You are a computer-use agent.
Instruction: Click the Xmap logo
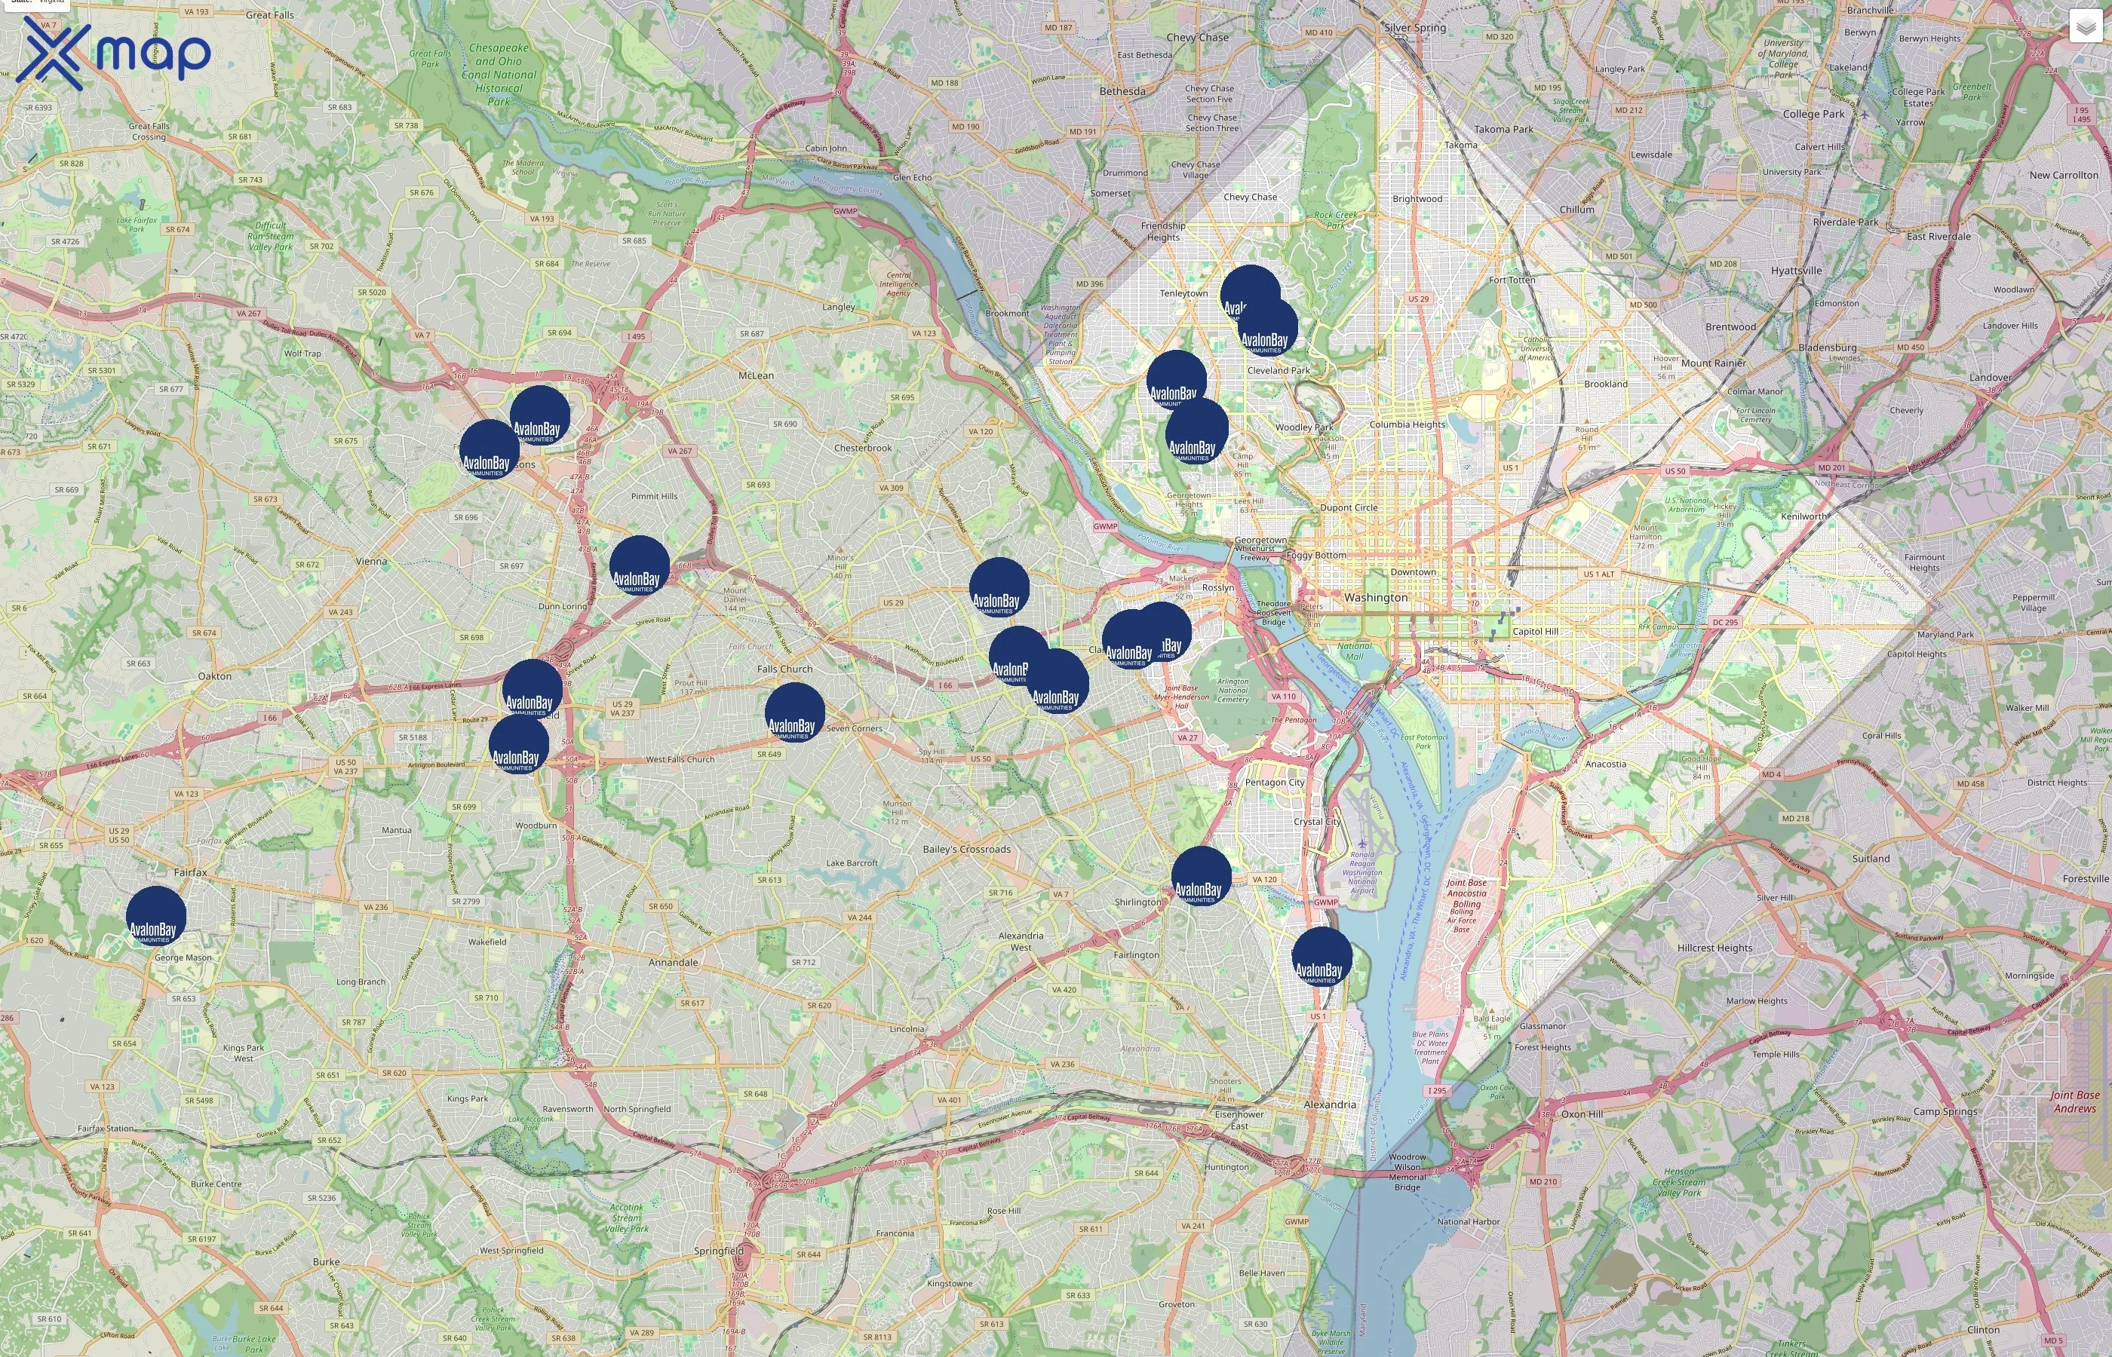[113, 53]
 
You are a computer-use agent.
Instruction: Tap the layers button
[2085, 26]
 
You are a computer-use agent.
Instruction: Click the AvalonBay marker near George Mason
[156, 917]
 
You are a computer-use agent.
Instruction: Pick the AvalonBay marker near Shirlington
[1202, 877]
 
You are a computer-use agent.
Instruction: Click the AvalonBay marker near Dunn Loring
[639, 565]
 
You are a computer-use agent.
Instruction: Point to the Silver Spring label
[1415, 28]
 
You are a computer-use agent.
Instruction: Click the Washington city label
[1375, 597]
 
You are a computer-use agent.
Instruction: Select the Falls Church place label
[784, 669]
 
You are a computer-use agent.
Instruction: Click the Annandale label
[673, 962]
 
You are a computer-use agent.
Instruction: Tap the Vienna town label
[371, 562]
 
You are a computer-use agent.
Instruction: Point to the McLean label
[756, 375]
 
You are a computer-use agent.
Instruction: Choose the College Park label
[1813, 115]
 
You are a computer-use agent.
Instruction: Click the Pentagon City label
[1275, 783]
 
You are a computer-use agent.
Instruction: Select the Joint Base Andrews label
[2074, 1101]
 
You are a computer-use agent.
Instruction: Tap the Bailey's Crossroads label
[966, 850]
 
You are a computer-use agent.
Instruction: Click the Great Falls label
[270, 15]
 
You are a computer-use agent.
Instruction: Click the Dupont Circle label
[1348, 507]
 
